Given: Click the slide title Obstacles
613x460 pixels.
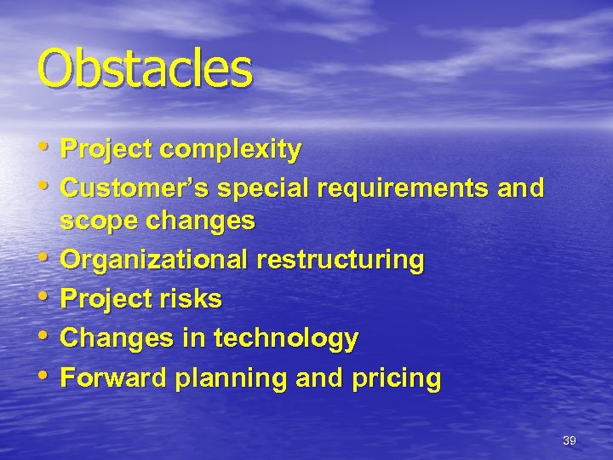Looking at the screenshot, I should click(x=144, y=70).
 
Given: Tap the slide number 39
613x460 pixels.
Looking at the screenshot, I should click(x=570, y=440).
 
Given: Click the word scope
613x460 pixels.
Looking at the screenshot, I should click(x=92, y=221).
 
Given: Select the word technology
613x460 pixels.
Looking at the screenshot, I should click(x=286, y=338).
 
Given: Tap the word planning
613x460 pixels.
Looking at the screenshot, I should click(x=226, y=377).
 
